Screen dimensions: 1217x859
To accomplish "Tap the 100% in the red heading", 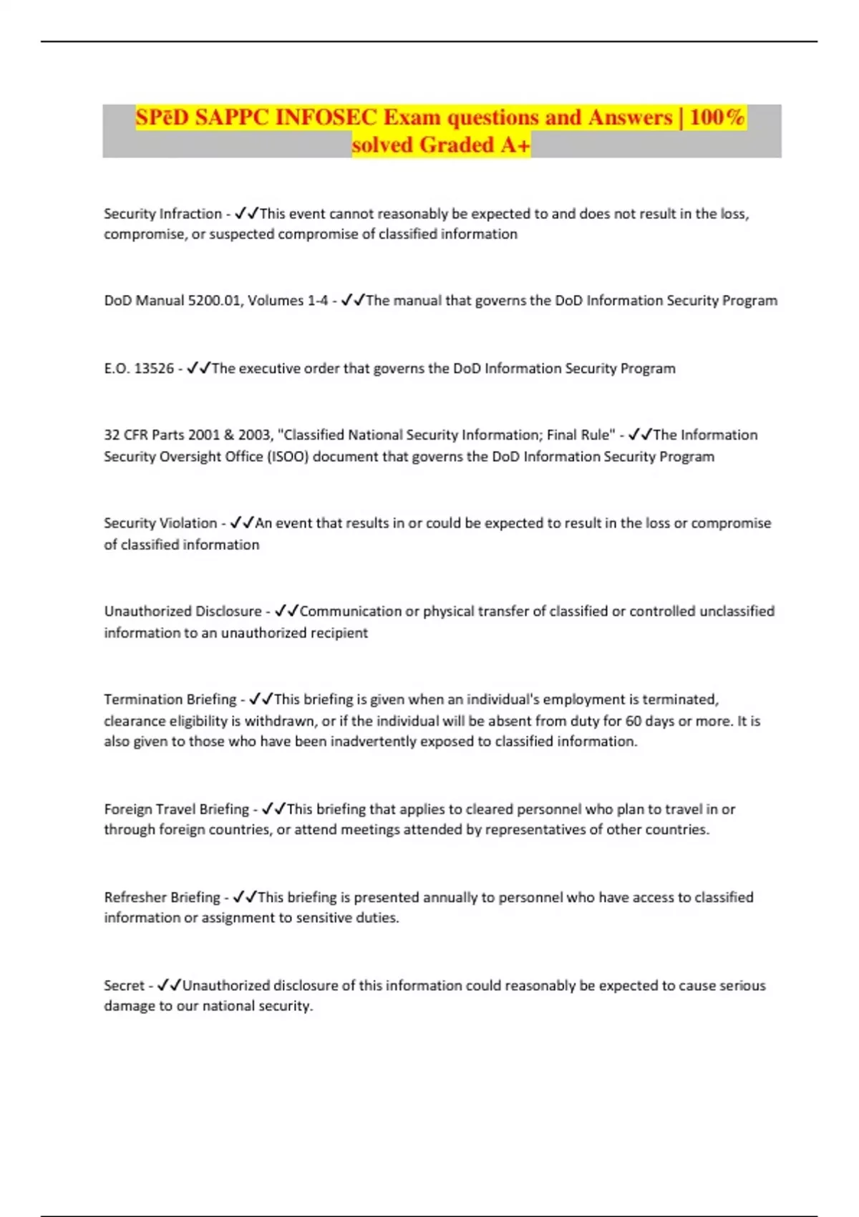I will click(x=717, y=117).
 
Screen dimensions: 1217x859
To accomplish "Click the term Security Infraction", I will click(x=162, y=214).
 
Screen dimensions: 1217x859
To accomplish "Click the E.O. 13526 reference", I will click(x=139, y=369).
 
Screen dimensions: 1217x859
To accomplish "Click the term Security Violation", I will click(x=160, y=523).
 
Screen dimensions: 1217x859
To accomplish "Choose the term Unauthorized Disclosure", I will click(x=183, y=611).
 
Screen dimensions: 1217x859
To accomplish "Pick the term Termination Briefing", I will click(x=170, y=699).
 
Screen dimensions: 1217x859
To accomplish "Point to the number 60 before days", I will click(x=634, y=721).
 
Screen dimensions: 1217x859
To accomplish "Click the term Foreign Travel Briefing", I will click(x=176, y=810).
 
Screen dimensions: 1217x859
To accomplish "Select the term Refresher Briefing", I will click(x=162, y=898).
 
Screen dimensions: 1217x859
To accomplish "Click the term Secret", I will click(x=124, y=986).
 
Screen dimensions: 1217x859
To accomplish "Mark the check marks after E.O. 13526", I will click(x=198, y=369).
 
